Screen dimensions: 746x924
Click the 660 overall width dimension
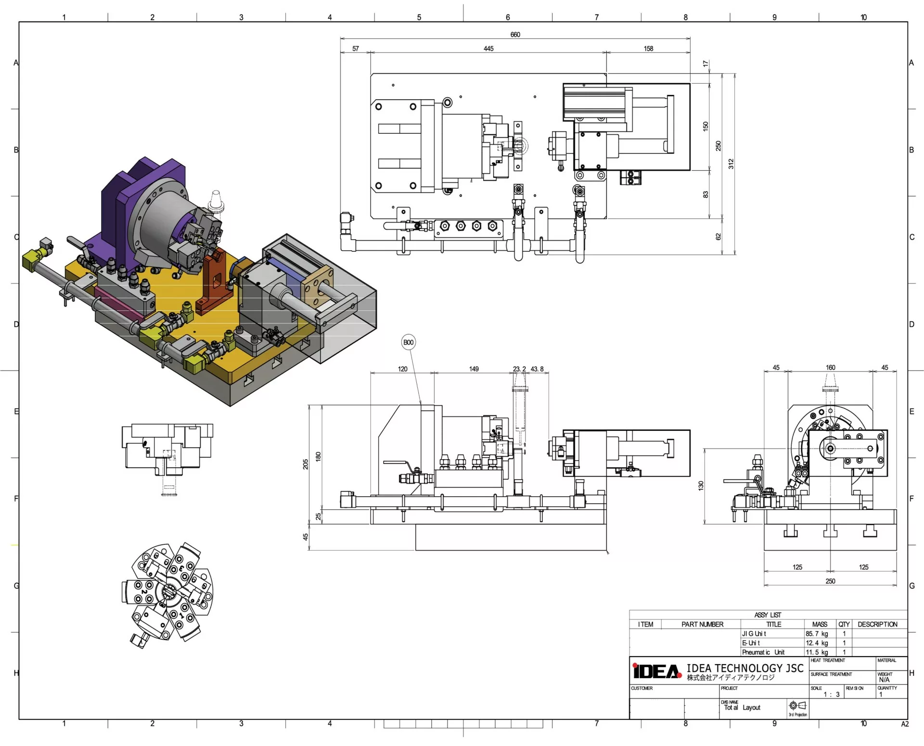click(x=515, y=35)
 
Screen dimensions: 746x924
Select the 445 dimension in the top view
click(x=488, y=49)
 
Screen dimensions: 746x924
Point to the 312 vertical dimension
click(x=731, y=164)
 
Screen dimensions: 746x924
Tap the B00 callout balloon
click(x=408, y=343)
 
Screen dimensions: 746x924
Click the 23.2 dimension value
click(x=519, y=369)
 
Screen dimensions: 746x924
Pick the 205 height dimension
click(x=306, y=464)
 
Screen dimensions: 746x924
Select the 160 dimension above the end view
click(x=831, y=368)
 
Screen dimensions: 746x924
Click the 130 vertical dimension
click(x=701, y=486)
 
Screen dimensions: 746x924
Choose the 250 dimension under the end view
click(x=831, y=581)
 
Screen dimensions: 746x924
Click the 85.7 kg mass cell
click(x=817, y=634)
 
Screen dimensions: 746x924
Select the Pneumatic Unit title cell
click(x=763, y=653)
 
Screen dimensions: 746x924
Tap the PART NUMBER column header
click(x=702, y=625)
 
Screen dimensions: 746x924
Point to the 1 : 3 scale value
click(x=832, y=695)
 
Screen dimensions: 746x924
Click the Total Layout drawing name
click(x=742, y=707)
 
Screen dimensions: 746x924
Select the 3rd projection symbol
click(x=797, y=706)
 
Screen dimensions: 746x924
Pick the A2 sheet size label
click(x=905, y=724)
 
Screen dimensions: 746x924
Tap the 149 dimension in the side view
click(x=474, y=369)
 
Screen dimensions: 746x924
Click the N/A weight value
click(x=884, y=680)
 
